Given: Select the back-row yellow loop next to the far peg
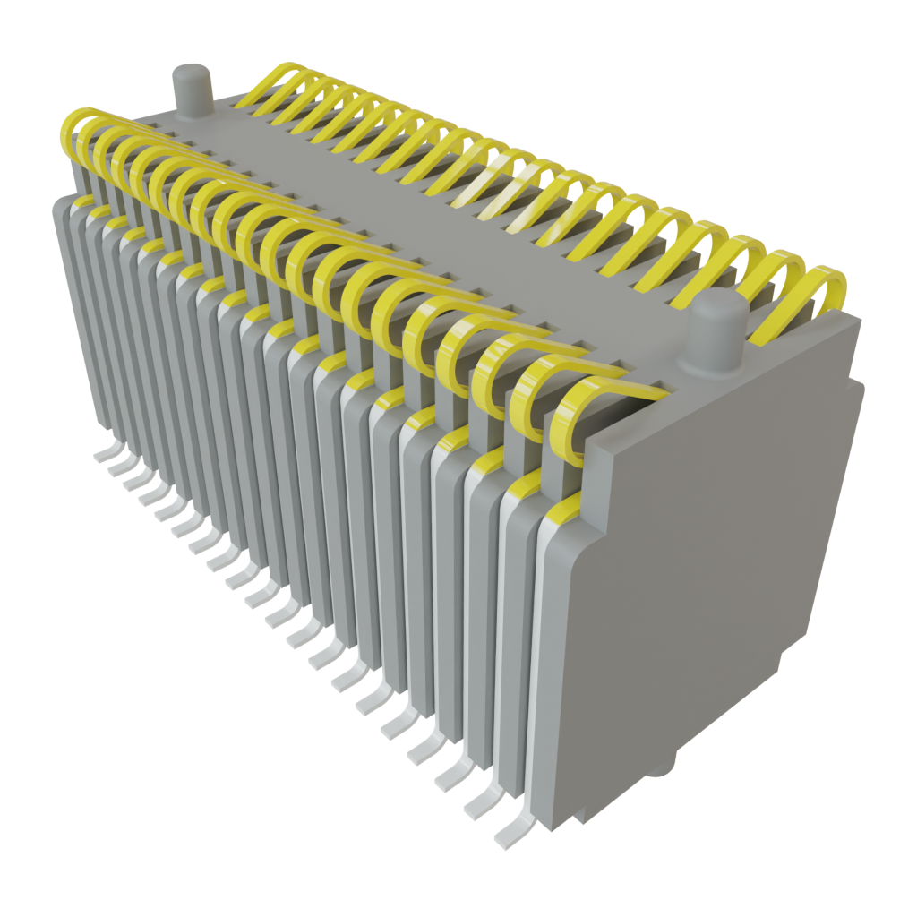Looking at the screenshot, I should coord(269,85).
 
